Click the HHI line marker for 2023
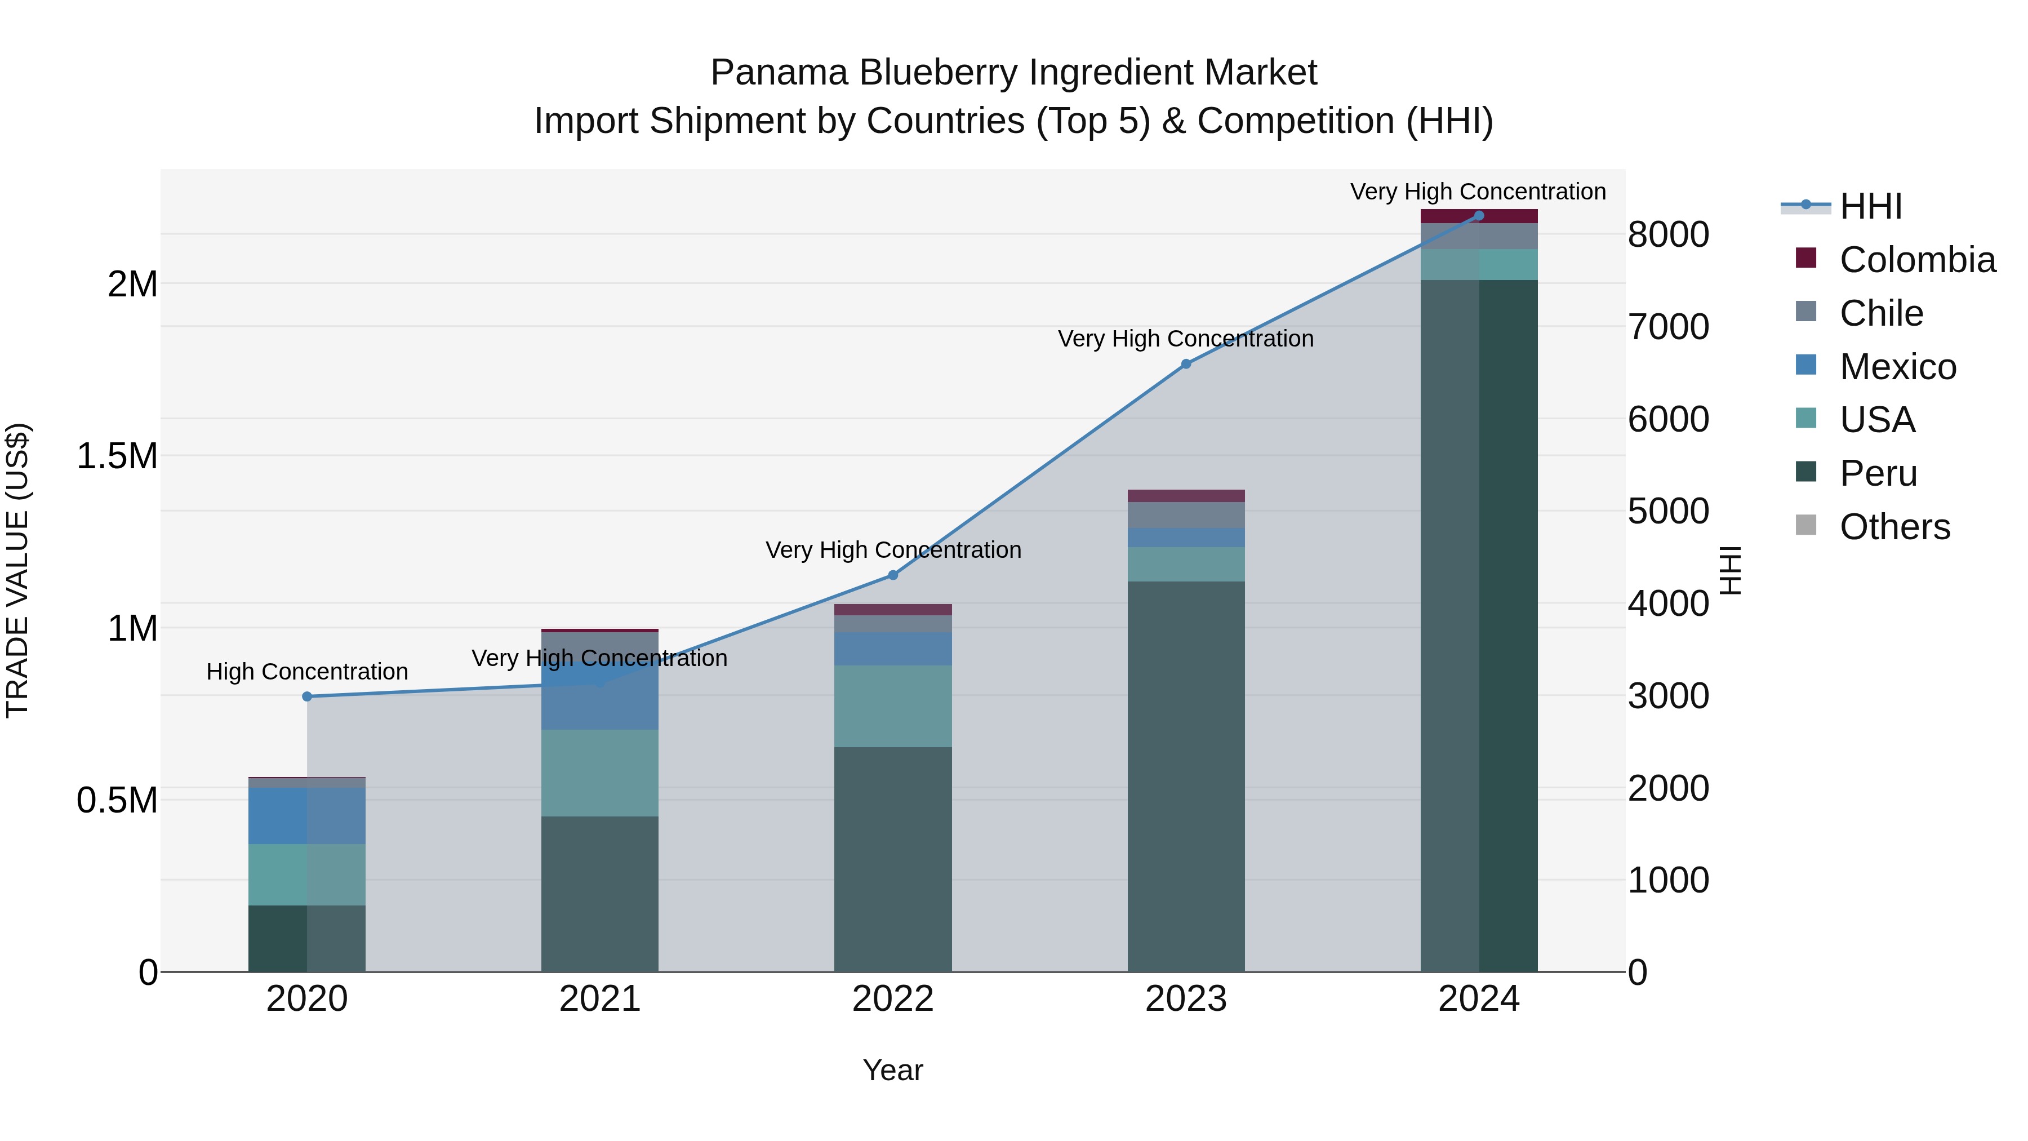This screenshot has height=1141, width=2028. point(1186,364)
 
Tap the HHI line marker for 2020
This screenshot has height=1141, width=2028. point(307,696)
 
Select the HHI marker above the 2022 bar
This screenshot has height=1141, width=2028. point(893,575)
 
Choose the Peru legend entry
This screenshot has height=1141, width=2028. point(1878,473)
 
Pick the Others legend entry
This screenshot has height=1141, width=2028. point(1894,527)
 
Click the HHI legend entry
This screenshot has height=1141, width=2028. point(1870,206)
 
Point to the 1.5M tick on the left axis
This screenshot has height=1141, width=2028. point(117,456)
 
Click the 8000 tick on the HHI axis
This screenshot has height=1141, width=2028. point(1668,234)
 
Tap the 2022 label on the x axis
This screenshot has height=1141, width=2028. point(893,999)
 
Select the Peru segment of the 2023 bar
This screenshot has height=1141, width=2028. point(1186,776)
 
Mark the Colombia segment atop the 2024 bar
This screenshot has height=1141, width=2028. point(1479,216)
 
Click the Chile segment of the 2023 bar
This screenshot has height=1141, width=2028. point(1186,514)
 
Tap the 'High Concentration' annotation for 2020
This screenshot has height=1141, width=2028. point(307,672)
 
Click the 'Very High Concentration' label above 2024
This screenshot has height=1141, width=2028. point(1478,192)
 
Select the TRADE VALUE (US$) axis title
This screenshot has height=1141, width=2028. point(17,570)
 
